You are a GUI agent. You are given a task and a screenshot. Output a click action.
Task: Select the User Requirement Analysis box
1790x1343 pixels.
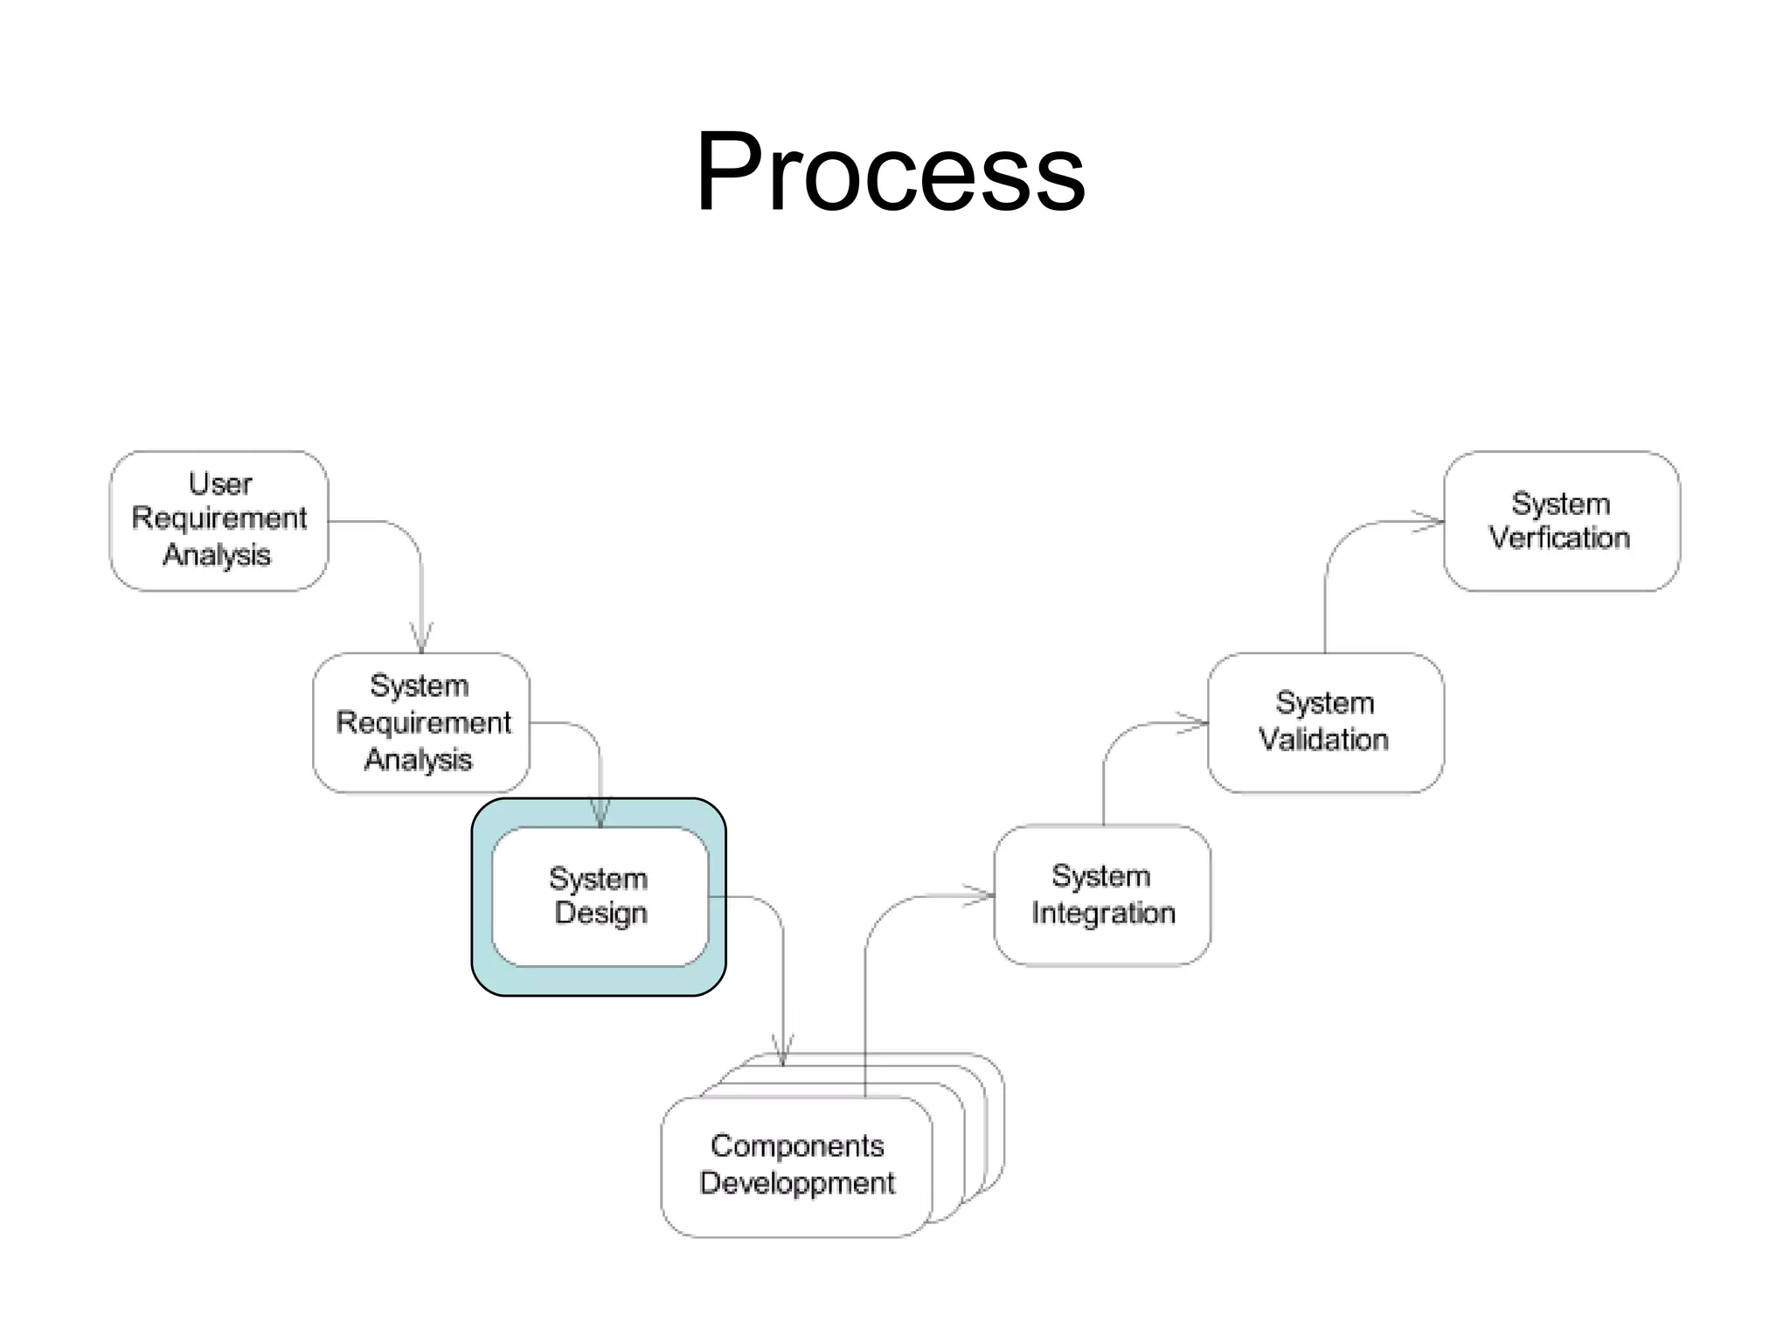point(219,520)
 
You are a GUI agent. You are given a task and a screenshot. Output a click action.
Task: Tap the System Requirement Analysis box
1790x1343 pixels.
point(421,722)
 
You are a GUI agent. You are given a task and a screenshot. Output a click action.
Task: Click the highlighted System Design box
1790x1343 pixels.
point(599,896)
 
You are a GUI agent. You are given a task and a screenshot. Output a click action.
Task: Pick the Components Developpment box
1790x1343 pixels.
point(796,1166)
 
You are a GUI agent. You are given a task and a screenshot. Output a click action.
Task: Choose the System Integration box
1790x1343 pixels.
point(1102,894)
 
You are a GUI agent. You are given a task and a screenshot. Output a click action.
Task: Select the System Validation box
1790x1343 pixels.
point(1324,722)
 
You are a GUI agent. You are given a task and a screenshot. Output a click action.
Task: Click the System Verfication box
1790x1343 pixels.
point(1561,521)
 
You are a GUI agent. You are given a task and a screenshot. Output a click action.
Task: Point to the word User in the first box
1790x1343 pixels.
point(220,484)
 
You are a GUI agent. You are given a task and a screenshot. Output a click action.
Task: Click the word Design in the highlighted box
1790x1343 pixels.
point(601,914)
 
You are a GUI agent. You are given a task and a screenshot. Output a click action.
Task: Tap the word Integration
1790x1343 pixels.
point(1103,913)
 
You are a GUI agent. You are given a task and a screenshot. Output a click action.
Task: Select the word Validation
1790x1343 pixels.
point(1323,740)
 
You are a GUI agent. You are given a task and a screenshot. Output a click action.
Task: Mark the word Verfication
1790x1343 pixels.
point(1560,538)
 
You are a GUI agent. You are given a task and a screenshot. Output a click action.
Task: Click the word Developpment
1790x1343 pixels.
point(797,1183)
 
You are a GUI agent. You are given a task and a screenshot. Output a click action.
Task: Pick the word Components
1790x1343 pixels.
point(797,1145)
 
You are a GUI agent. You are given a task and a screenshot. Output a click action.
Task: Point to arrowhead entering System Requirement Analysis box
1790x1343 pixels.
point(421,639)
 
